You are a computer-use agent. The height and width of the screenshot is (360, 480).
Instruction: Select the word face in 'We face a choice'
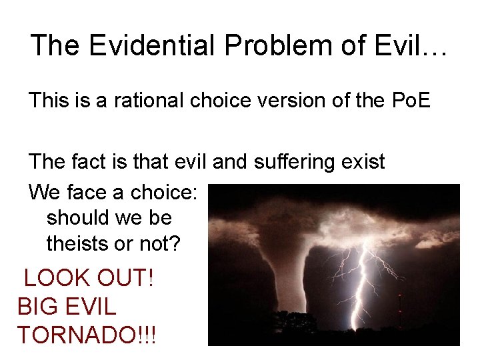pyautogui.click(x=88, y=193)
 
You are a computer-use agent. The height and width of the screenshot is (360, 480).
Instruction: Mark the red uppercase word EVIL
pyautogui.click(x=89, y=307)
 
